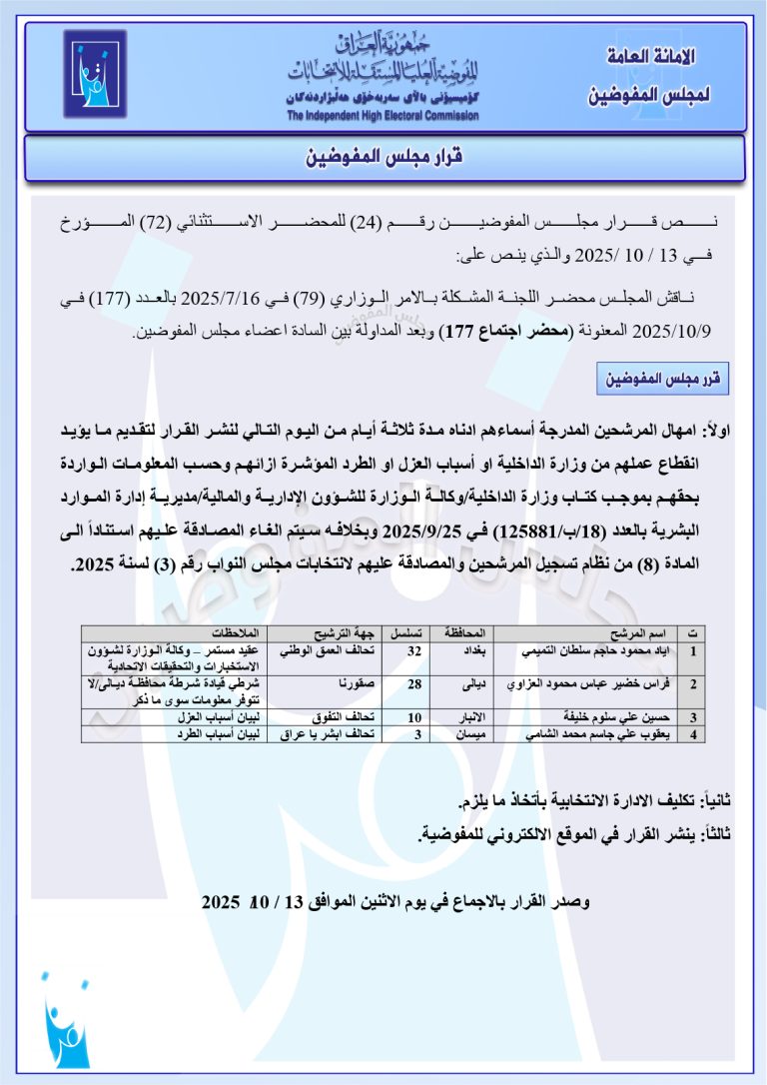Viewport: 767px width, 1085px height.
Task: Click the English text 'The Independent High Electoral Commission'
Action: pyautogui.click(x=383, y=115)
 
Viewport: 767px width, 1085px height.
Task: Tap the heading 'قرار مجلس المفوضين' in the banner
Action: pyautogui.click(x=384, y=158)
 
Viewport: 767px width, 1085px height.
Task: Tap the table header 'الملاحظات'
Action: pyautogui.click(x=236, y=634)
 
